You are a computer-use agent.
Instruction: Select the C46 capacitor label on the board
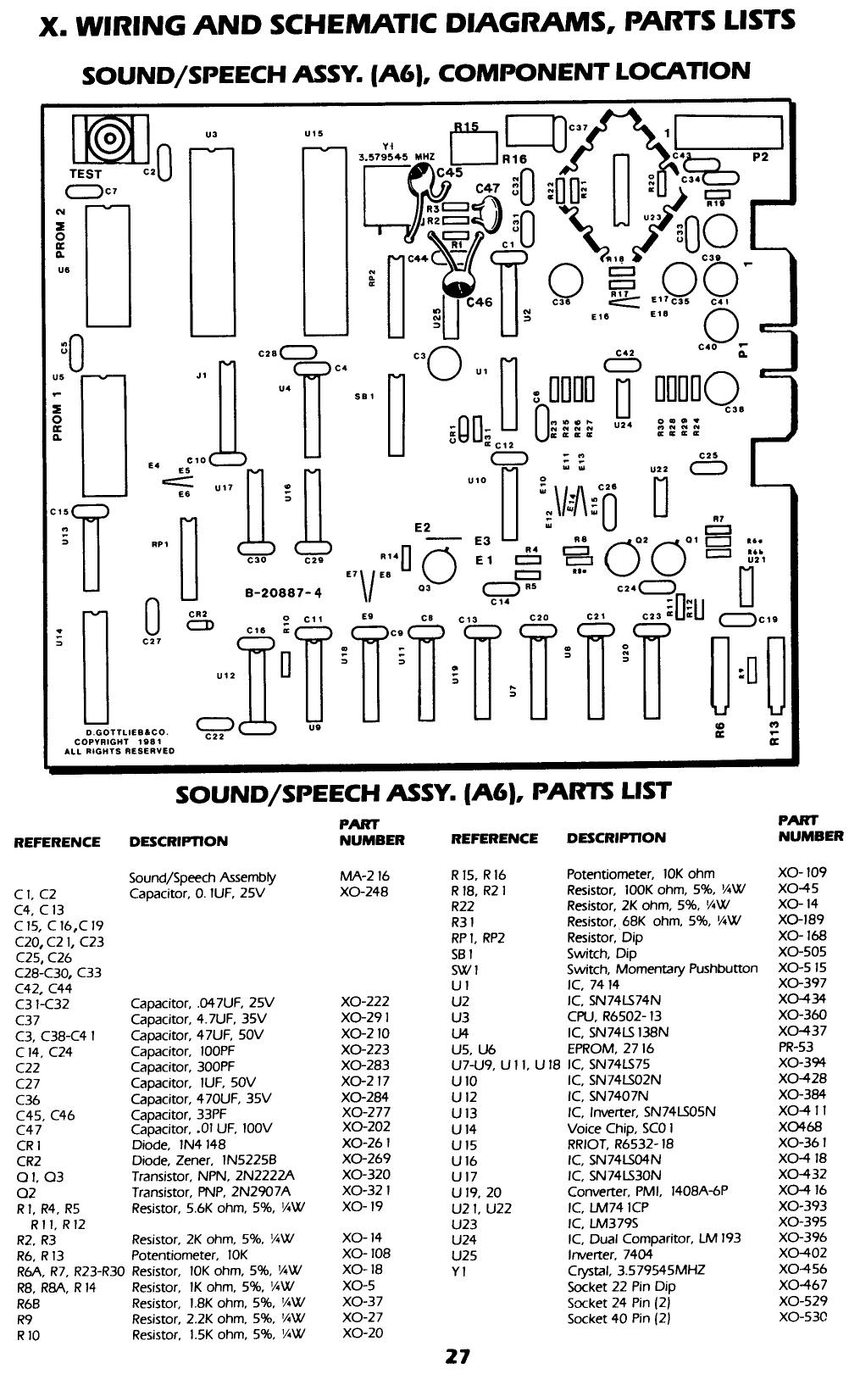coord(480,302)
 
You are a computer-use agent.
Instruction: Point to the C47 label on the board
coord(488,188)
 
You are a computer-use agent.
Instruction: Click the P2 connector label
coord(759,157)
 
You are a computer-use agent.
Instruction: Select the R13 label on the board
coord(774,730)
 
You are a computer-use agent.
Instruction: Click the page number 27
coord(458,1356)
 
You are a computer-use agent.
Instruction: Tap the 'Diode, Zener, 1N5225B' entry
coord(204,1160)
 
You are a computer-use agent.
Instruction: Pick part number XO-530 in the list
coord(802,1318)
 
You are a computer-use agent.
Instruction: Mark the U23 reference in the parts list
coord(464,1223)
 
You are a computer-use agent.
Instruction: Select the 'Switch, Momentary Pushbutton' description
coord(662,969)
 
